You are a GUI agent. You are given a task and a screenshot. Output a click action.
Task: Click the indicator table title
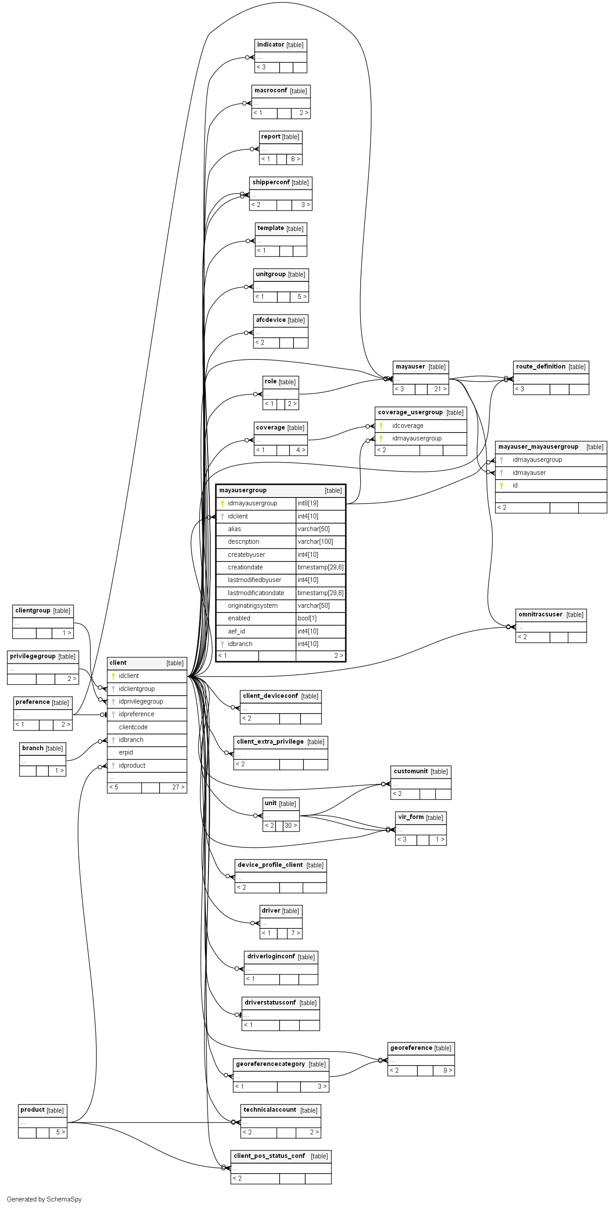point(271,44)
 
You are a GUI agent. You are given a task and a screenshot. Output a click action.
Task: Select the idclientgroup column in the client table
point(136,688)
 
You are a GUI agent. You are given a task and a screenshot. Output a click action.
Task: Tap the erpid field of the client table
point(126,752)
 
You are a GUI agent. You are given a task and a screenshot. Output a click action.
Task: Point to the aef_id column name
point(237,631)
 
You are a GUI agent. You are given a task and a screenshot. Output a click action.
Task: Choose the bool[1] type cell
point(307,618)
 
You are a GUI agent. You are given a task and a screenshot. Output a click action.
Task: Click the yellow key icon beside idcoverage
point(381,426)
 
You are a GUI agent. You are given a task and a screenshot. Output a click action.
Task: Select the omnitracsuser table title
point(540,614)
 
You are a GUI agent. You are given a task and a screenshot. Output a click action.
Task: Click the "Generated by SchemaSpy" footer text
point(44,1199)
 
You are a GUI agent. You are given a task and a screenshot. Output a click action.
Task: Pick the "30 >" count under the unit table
point(290,826)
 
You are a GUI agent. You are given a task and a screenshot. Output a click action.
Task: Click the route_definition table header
point(541,367)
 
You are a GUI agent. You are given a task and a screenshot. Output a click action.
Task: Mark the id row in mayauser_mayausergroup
point(515,485)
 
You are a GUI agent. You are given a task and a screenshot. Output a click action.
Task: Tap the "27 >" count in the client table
point(178,787)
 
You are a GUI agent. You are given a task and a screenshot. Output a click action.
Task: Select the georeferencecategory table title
point(270,1064)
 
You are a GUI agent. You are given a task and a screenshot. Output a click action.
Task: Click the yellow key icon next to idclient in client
point(113,676)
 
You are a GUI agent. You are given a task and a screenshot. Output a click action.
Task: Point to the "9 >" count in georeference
point(448,1070)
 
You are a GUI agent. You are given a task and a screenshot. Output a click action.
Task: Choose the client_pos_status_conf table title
point(269,1156)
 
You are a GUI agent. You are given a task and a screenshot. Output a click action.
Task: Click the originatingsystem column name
point(252,606)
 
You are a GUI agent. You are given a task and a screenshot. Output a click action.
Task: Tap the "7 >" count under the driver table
point(295,933)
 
